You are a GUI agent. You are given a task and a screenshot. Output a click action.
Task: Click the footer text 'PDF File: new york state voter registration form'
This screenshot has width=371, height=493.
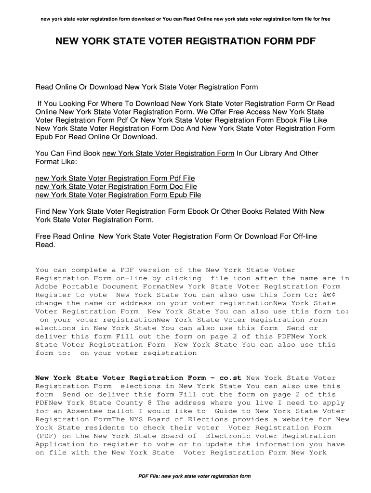pos(194,477)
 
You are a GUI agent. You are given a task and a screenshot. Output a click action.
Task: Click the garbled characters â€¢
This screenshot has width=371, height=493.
pos(338,295)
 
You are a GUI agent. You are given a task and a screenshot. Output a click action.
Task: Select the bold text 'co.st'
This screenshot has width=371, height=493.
pos(230,378)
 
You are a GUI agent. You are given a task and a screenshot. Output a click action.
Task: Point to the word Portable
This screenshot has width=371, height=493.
pos(87,287)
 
